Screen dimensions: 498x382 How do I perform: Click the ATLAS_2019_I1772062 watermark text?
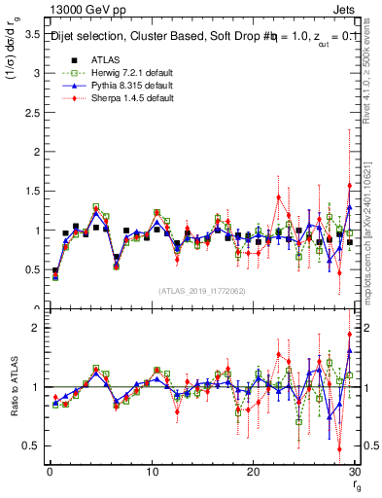point(201,290)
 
